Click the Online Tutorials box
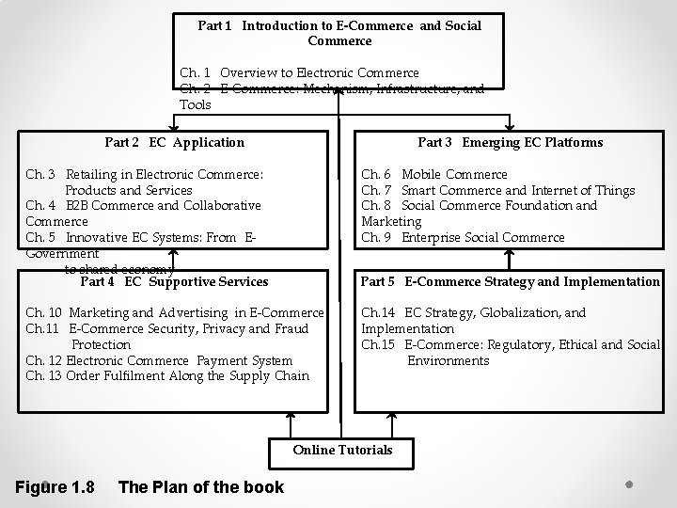342,450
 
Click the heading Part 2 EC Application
174,143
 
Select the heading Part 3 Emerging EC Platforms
510,143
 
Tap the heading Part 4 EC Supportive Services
174,281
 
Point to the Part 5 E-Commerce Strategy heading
511,281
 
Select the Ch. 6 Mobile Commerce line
434,174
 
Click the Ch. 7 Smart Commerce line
497,190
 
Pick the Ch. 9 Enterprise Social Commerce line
463,237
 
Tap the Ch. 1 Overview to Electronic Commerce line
299,72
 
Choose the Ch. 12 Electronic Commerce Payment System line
159,360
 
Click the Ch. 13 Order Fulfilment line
167,376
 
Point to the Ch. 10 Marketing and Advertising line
175,312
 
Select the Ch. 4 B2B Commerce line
143,205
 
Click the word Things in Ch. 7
615,190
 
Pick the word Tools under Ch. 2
196,104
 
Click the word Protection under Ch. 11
101,344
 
